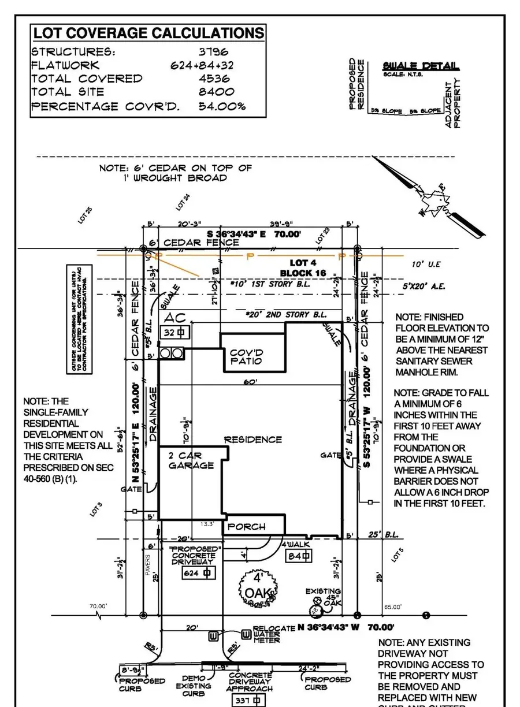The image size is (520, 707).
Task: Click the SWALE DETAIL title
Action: pyautogui.click(x=421, y=66)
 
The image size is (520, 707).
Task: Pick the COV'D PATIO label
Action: pyautogui.click(x=246, y=356)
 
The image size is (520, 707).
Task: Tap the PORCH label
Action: pyautogui.click(x=247, y=526)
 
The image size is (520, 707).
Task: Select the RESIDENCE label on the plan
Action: pyautogui.click(x=253, y=440)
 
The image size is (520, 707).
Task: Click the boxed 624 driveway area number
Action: pyautogui.click(x=191, y=573)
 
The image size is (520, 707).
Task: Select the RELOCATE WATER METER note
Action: pyautogui.click(x=267, y=634)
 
